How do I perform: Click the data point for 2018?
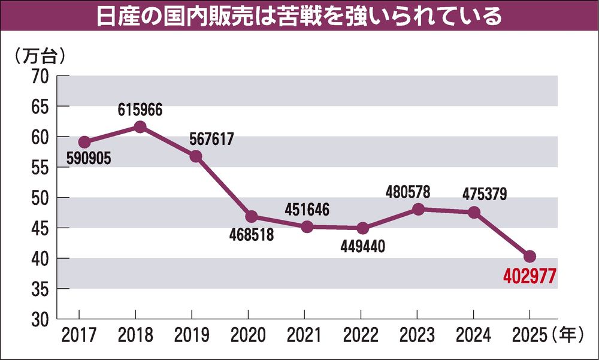[x=140, y=126]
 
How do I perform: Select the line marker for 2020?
[x=251, y=216]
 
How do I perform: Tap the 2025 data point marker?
[x=530, y=256]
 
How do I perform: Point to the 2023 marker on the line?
[x=419, y=209]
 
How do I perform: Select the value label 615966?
[x=140, y=110]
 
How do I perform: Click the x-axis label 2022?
[x=361, y=335]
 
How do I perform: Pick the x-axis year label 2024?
[x=473, y=335]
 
